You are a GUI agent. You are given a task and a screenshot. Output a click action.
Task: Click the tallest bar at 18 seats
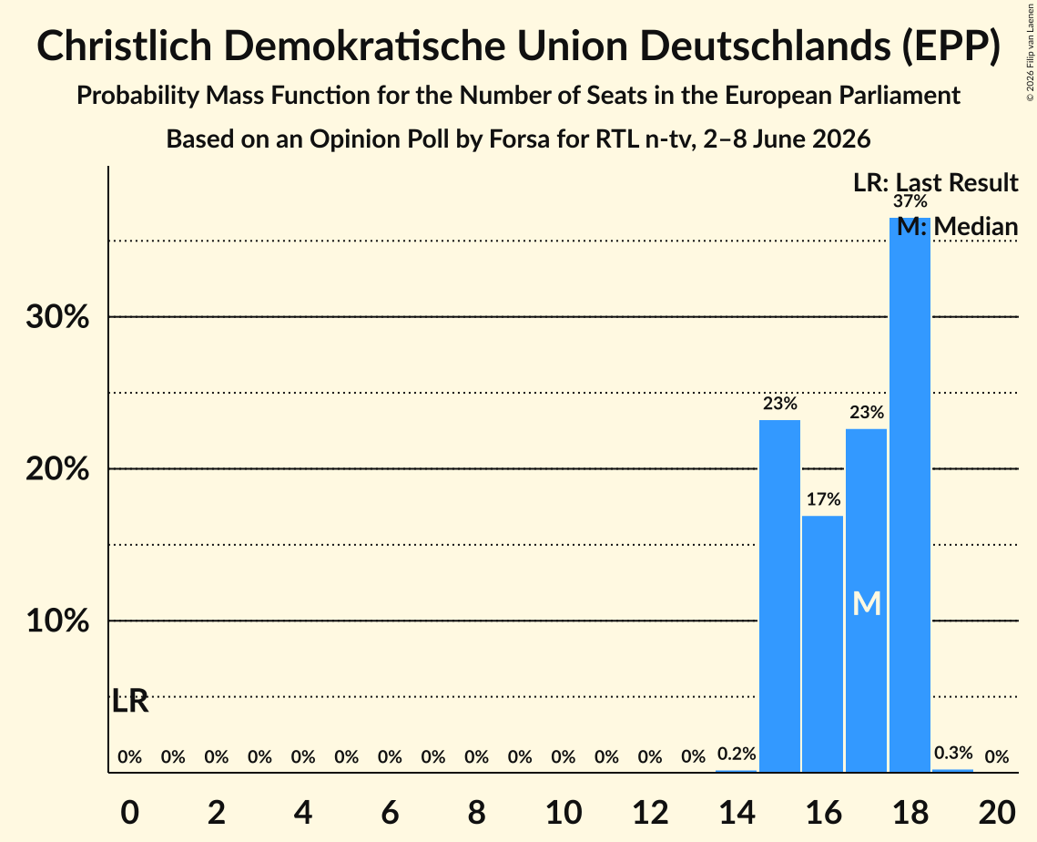(x=910, y=495)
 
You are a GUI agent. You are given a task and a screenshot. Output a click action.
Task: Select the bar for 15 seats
(x=779, y=596)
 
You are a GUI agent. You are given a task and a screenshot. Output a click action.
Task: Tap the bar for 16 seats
(x=823, y=643)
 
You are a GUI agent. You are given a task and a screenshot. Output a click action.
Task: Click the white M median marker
(x=867, y=603)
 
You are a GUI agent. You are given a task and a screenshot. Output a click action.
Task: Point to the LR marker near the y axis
(x=130, y=701)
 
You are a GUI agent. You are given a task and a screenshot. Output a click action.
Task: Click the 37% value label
(x=910, y=201)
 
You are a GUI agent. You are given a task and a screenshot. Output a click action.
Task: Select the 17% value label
(x=823, y=499)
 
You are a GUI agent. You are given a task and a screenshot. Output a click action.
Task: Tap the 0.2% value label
(x=736, y=754)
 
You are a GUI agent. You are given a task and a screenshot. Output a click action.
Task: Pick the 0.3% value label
(x=953, y=753)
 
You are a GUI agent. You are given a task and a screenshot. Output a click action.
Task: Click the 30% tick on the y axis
(x=57, y=317)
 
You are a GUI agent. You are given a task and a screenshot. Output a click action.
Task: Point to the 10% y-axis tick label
(x=57, y=621)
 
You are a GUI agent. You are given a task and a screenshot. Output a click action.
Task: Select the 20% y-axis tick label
(x=57, y=469)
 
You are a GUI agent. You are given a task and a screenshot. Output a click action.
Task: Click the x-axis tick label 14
(x=736, y=812)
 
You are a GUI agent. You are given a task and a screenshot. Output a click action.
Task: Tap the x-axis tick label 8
(x=476, y=812)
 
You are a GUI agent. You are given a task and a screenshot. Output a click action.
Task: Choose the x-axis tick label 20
(x=997, y=812)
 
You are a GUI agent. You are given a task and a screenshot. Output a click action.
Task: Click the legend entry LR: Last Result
(x=935, y=182)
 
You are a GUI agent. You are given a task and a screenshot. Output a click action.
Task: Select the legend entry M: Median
(x=957, y=227)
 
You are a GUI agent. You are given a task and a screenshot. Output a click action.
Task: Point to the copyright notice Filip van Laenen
(x=1031, y=52)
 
